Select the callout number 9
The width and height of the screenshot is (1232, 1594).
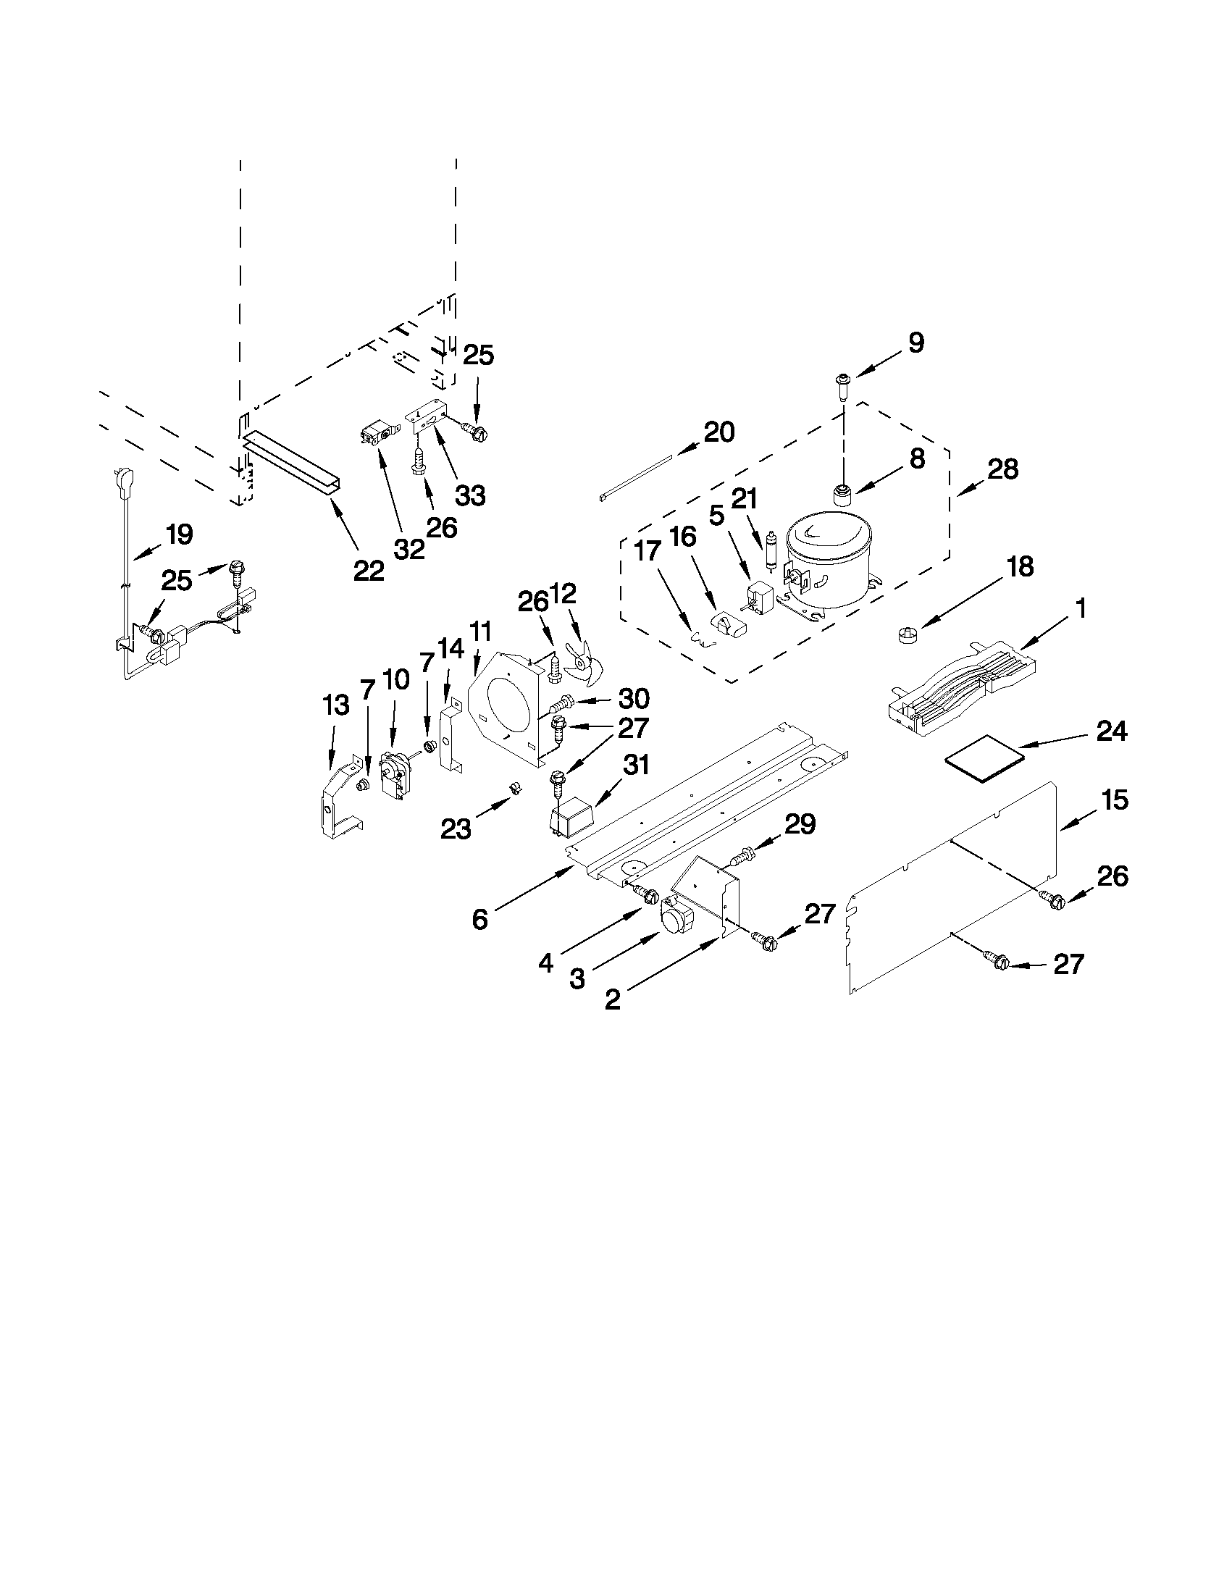coord(915,343)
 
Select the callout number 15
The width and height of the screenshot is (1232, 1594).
coord(1115,800)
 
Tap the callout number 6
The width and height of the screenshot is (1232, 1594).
coord(479,920)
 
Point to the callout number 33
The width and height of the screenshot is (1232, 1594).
coord(470,495)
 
